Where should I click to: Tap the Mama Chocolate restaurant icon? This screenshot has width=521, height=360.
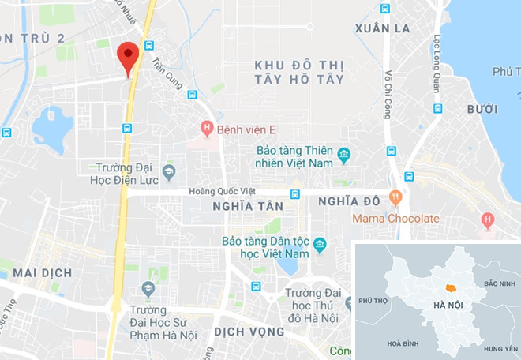point(395,196)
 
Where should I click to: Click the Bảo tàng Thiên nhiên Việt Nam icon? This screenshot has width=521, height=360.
point(343,154)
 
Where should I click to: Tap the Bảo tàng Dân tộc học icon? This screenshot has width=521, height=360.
point(320,245)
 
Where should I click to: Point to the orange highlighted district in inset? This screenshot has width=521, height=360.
point(451,288)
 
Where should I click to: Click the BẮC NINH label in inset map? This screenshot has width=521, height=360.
point(499,283)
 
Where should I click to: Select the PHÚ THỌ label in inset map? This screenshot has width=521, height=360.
point(373,301)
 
